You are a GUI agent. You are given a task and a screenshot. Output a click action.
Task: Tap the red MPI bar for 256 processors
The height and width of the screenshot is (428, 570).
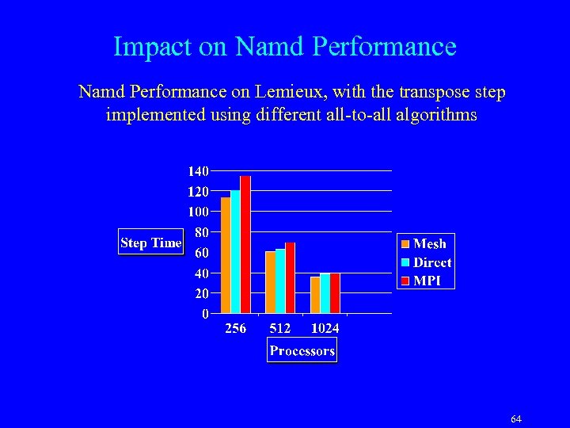coord(245,245)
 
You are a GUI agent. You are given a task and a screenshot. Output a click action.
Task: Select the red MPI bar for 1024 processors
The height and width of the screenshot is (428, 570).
coord(335,293)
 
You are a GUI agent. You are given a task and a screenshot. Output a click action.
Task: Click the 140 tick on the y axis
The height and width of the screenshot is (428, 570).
coord(198,171)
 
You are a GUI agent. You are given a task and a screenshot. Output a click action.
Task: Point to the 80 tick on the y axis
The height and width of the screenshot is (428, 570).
coord(202,232)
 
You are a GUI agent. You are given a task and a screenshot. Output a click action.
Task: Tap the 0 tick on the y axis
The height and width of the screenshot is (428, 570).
coord(206,314)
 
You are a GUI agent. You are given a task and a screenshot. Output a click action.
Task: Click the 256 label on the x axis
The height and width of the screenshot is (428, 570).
coord(235,328)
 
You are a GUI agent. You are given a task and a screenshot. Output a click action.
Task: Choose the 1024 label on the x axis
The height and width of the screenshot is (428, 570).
coord(325,328)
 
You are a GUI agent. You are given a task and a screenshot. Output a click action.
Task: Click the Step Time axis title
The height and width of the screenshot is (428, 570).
coord(150,243)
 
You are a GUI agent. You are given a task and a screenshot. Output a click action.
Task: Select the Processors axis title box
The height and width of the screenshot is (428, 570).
coord(302,350)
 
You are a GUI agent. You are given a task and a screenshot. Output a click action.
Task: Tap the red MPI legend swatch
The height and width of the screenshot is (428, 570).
coord(405,281)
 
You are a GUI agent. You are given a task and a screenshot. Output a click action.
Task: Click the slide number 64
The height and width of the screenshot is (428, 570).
coord(516,418)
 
